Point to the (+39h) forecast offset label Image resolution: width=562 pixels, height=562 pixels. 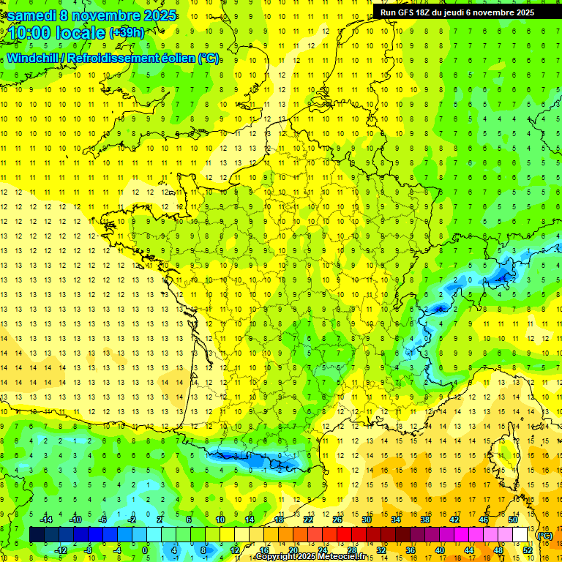point(127,32)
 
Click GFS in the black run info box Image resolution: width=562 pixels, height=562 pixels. point(408,12)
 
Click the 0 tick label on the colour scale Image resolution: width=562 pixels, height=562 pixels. point(144,550)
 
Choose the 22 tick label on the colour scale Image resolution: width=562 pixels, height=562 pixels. point(308,520)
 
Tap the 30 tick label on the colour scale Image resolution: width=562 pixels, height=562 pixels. point(366,520)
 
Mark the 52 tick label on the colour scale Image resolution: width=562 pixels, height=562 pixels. point(528,550)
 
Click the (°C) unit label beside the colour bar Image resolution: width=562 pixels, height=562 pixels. point(545,535)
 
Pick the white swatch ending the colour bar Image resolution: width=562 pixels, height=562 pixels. point(520,535)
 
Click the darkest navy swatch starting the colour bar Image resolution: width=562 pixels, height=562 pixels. point(37,535)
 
